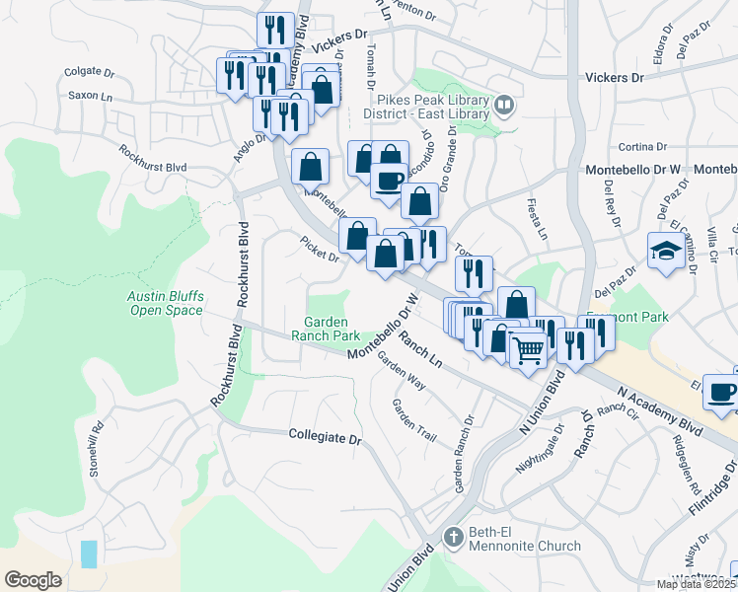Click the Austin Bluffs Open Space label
[165, 303]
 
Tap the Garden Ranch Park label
[332, 329]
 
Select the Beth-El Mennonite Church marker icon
[453, 539]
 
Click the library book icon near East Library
[504, 106]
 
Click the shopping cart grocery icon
[529, 348]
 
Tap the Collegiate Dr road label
[326, 435]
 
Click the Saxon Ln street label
[89, 96]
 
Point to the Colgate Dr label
[90, 72]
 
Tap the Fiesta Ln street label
[541, 223]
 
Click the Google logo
[33, 580]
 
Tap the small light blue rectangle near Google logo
[90, 554]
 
